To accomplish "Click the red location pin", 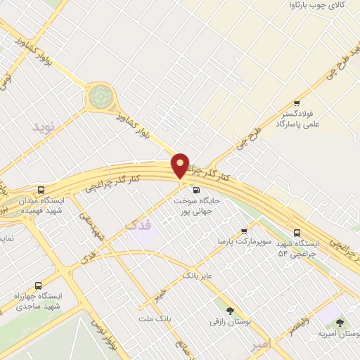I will tap(181, 165).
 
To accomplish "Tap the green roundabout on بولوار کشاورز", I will tap(100, 96).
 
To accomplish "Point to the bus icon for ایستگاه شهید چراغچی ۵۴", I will tap(297, 232).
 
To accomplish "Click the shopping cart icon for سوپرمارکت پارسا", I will tap(244, 231).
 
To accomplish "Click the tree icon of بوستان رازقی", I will tap(230, 310).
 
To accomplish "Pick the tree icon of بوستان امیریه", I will tap(340, 322).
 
